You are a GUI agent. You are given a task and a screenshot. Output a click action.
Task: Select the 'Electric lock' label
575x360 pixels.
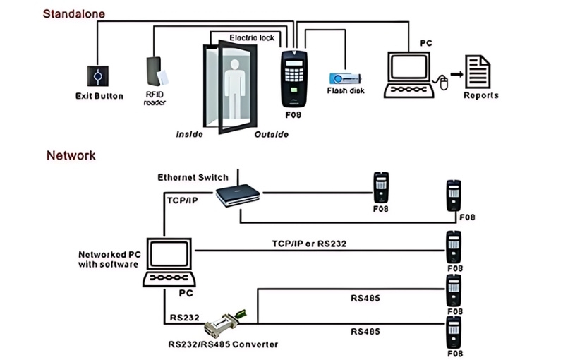tap(252, 37)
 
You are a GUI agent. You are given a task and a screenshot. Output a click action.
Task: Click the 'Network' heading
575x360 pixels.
tap(71, 155)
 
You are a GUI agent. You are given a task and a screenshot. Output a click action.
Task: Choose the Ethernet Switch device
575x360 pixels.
tap(237, 195)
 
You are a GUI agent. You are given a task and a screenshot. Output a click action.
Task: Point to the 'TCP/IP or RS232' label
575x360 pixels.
tap(309, 244)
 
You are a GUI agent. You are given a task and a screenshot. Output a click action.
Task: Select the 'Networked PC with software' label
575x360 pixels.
tap(108, 259)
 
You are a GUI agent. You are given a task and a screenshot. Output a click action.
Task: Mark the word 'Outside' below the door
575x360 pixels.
tap(272, 134)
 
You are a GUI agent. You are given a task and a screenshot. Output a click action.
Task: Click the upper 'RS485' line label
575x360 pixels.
tap(365, 298)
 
